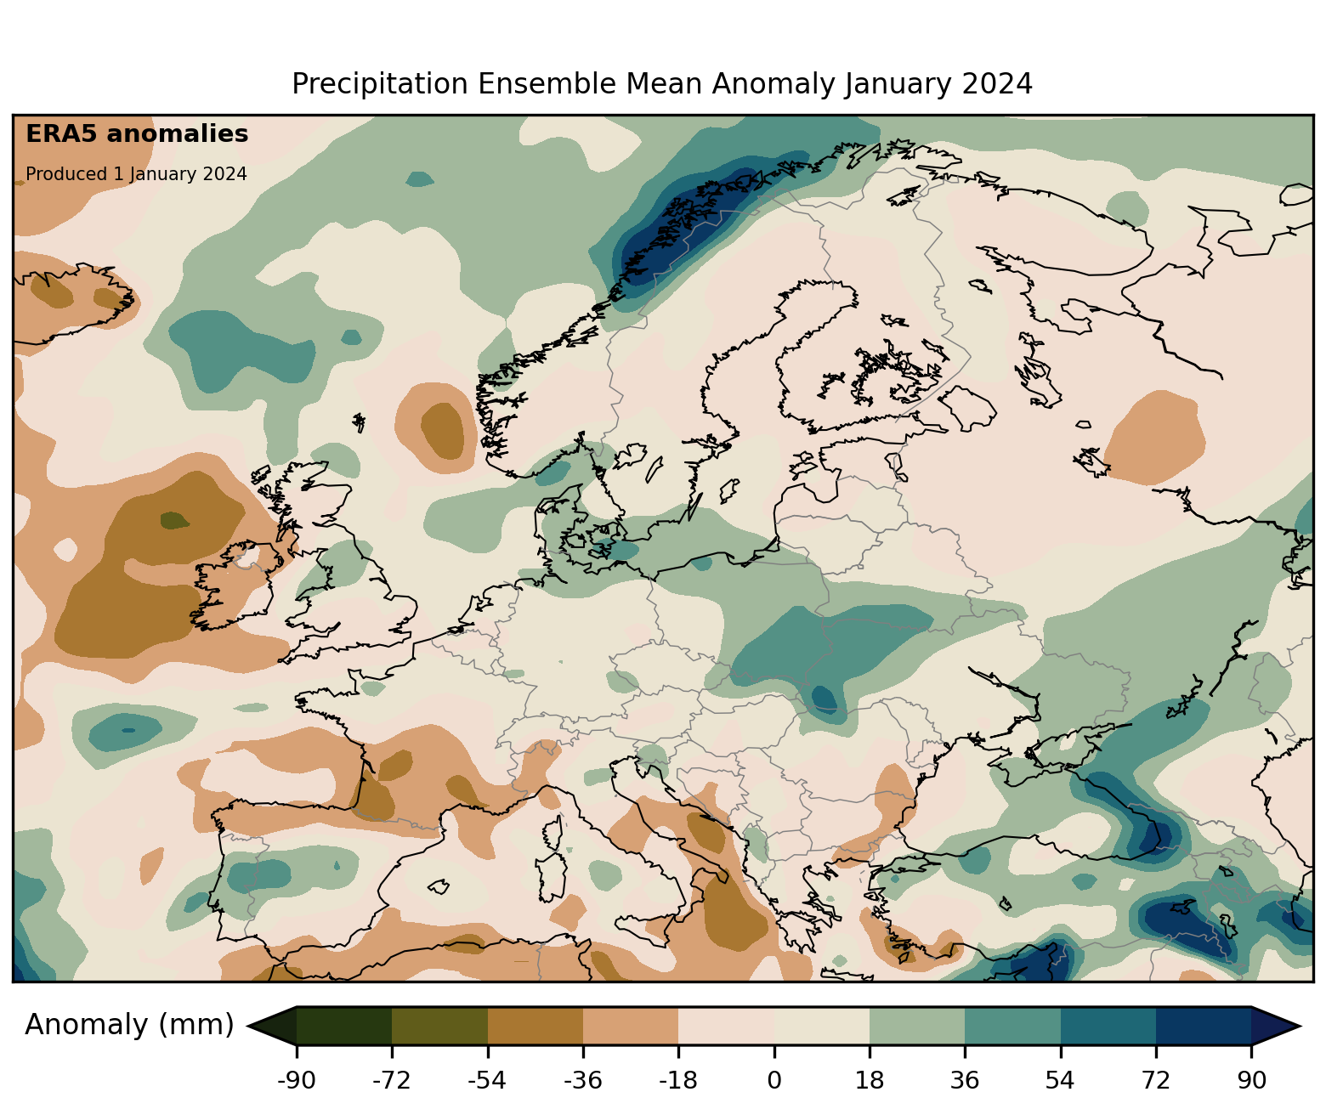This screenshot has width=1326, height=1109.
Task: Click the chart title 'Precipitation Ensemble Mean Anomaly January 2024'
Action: (x=662, y=84)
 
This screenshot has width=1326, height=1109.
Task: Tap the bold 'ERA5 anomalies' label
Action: (x=137, y=134)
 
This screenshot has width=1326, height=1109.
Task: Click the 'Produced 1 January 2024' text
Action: (x=136, y=174)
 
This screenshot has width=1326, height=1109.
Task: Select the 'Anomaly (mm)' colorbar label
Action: (x=129, y=1025)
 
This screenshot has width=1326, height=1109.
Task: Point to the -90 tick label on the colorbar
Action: (x=296, y=1081)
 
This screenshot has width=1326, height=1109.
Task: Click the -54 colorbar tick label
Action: (x=487, y=1081)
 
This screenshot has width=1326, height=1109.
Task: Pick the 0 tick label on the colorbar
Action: (x=774, y=1081)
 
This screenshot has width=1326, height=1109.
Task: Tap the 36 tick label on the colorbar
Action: (x=965, y=1081)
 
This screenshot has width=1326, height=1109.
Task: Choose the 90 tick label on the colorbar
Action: (x=1251, y=1081)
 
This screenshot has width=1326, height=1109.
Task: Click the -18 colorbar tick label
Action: (x=678, y=1081)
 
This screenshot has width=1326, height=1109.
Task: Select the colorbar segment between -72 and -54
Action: (x=439, y=1026)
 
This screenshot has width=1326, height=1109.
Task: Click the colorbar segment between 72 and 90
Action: (x=1204, y=1026)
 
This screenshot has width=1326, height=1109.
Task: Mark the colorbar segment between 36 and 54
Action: (x=1012, y=1026)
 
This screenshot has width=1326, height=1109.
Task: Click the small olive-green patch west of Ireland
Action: (x=175, y=519)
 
